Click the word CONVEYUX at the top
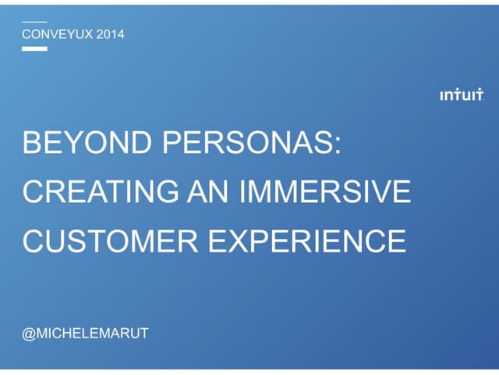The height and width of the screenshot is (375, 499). point(57,34)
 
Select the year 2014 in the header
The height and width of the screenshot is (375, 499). point(110,34)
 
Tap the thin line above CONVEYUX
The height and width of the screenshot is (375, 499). point(34,21)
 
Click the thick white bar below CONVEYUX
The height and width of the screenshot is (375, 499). point(34,48)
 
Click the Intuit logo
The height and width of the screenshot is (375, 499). point(461,95)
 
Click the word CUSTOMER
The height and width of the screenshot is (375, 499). point(109,240)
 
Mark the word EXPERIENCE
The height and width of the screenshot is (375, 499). point(306,240)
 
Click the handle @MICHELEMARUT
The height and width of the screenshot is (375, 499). point(85,334)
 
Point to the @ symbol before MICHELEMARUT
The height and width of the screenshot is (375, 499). point(28,334)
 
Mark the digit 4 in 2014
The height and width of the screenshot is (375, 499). point(120,34)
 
